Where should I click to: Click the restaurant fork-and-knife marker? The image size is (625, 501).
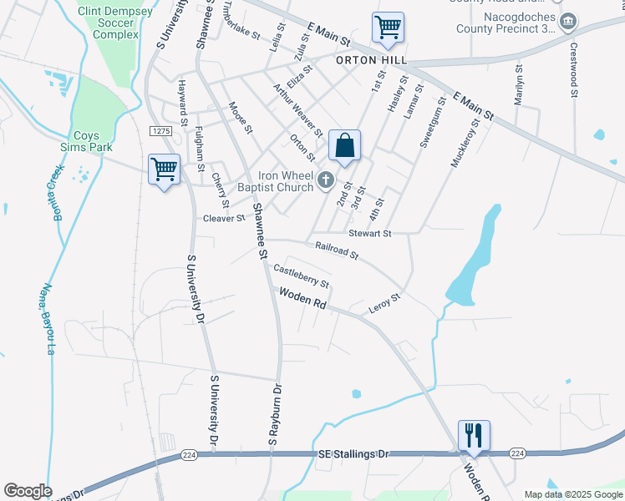click(x=474, y=435)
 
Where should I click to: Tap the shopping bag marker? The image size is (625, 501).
click(x=344, y=146)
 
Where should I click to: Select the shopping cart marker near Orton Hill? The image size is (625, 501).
click(x=388, y=28)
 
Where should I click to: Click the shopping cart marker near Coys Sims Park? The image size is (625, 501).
click(x=164, y=170)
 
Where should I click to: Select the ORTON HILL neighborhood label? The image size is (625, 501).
click(x=371, y=61)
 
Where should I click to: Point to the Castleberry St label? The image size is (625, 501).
click(x=302, y=276)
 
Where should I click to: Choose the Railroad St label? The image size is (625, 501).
click(x=337, y=249)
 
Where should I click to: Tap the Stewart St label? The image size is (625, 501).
click(x=370, y=234)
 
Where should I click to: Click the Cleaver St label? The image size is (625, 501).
click(x=223, y=218)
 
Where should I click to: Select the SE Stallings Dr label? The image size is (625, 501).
click(x=354, y=453)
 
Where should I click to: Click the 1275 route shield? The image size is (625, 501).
click(x=161, y=131)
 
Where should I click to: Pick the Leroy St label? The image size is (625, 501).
click(x=386, y=303)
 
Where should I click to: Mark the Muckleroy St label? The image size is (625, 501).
click(x=465, y=143)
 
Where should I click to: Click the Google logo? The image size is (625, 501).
click(x=28, y=491)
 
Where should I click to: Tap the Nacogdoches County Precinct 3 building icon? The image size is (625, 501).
click(x=568, y=21)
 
